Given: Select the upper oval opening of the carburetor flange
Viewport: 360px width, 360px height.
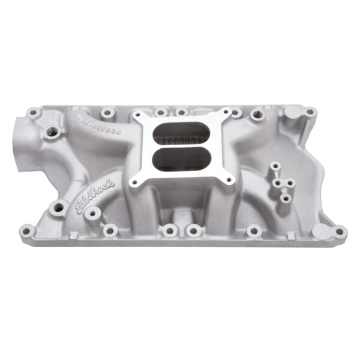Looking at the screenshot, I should (x=176, y=134).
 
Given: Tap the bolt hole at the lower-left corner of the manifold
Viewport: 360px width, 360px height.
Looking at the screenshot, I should (x=27, y=229).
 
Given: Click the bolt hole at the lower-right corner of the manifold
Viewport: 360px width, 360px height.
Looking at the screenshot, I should (x=340, y=230).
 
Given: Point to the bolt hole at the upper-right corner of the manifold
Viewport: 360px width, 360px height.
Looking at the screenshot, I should (x=310, y=112).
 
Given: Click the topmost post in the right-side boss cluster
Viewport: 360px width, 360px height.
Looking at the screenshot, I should (x=275, y=166).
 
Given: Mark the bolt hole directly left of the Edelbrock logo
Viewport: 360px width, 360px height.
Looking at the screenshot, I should (x=59, y=208).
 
